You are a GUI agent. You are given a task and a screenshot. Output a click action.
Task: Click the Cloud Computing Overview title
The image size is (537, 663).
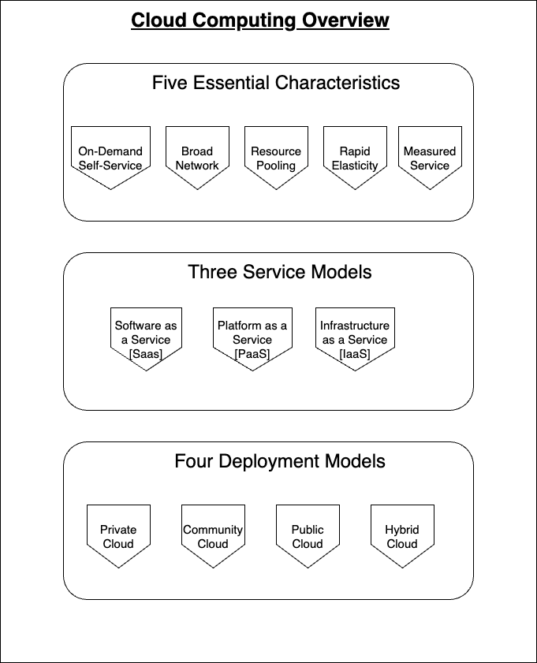point(259,20)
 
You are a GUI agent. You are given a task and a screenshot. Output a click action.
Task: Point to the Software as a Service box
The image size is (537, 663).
point(146,335)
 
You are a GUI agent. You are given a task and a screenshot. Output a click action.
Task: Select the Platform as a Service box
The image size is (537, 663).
point(252,335)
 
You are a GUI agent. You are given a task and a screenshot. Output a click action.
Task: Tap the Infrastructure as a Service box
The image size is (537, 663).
point(355,335)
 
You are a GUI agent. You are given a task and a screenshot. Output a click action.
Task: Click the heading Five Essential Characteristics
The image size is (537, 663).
point(276,83)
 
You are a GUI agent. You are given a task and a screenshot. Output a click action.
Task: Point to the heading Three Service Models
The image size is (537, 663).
point(280,273)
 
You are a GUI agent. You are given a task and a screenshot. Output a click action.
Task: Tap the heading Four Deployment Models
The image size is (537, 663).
point(280,461)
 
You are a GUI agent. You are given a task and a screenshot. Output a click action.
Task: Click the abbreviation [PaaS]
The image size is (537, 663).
point(252,354)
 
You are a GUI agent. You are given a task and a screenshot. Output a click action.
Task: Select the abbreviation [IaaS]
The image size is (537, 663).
point(355,354)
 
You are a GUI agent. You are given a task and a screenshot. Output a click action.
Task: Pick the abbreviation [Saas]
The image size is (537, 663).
point(146,354)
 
